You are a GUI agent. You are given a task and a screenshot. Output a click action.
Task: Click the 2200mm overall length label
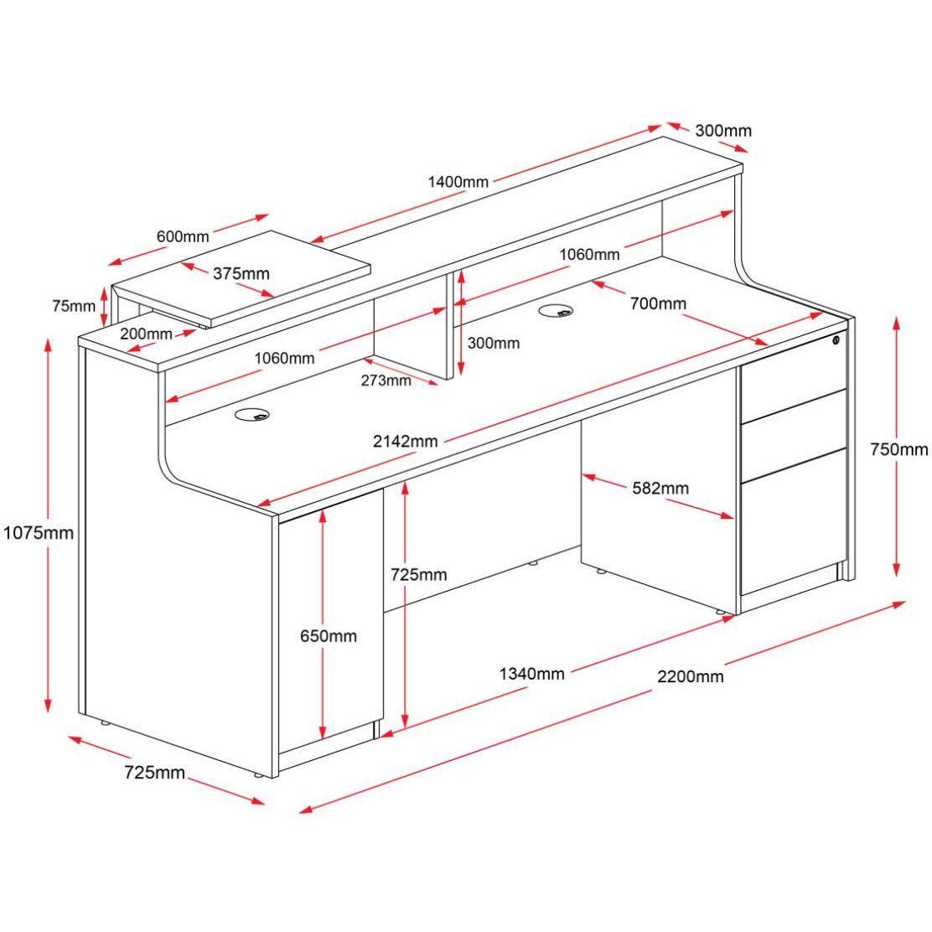(x=690, y=676)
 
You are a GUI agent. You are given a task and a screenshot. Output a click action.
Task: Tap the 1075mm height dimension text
(x=38, y=532)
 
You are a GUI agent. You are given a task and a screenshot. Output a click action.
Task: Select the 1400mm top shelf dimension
(x=458, y=181)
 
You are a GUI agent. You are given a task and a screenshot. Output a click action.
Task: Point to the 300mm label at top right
(x=723, y=130)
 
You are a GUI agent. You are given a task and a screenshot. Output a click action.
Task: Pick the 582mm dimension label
(x=660, y=488)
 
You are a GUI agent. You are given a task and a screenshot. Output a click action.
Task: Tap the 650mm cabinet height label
(x=329, y=635)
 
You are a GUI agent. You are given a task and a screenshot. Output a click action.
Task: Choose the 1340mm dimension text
(x=532, y=673)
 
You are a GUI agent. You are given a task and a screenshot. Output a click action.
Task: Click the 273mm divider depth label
(x=386, y=381)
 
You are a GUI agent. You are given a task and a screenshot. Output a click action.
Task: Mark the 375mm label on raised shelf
(x=241, y=273)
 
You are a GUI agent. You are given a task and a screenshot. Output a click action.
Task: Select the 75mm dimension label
(x=74, y=306)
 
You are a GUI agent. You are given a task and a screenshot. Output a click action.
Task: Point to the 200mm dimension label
(x=146, y=334)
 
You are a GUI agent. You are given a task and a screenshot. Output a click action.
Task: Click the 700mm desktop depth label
(x=658, y=303)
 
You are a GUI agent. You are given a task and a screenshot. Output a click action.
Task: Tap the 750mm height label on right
(x=898, y=449)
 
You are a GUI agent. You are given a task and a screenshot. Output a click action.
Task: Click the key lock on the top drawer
(x=836, y=340)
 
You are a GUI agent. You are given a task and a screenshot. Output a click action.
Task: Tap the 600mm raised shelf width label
(x=183, y=236)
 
